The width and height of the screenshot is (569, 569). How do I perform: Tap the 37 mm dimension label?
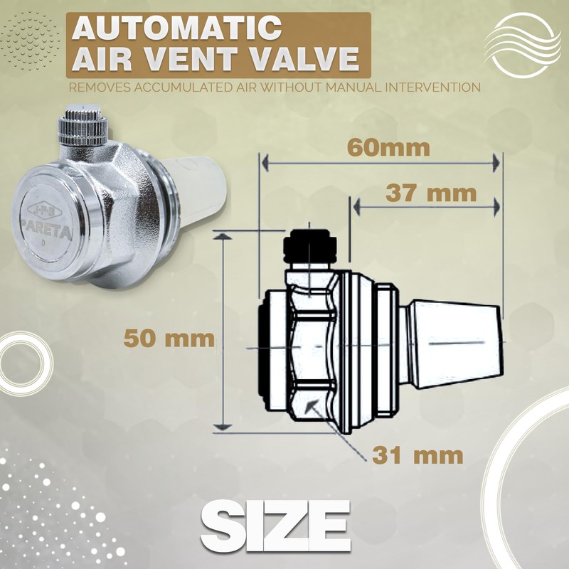pos(430,192)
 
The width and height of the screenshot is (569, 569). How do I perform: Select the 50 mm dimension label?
pos(169,337)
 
